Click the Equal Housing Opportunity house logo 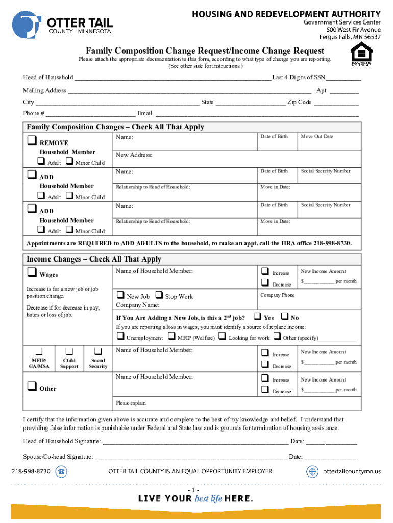360,54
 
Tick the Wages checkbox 32,273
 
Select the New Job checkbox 120,295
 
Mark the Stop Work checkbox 159,295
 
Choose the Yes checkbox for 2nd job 257,317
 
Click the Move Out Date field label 316,137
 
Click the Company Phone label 277,295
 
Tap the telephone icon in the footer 62,471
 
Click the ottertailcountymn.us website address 352,471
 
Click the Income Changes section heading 93,259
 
